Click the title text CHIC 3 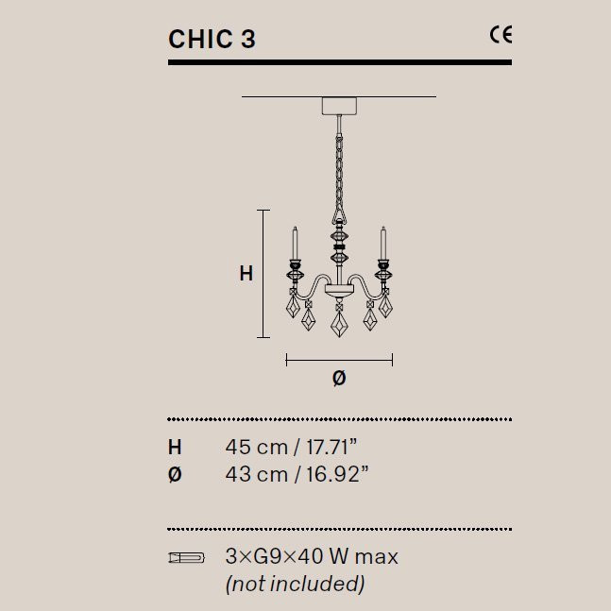[x=212, y=39]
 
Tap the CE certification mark [x=500, y=36]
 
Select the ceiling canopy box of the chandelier [x=337, y=105]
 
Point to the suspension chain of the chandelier [x=337, y=170]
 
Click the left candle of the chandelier [x=294, y=244]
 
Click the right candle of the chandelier [x=383, y=244]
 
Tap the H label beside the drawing [x=246, y=274]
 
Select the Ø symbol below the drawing [x=339, y=378]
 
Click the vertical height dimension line [x=264, y=274]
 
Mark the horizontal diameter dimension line [x=339, y=359]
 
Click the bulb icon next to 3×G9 [x=185, y=557]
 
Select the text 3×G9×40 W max [x=312, y=557]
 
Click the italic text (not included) [x=295, y=585]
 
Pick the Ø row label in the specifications [x=175, y=475]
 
